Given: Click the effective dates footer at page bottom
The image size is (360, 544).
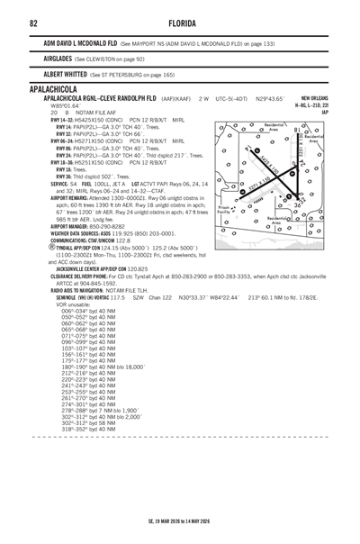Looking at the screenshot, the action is (x=180, y=519).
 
